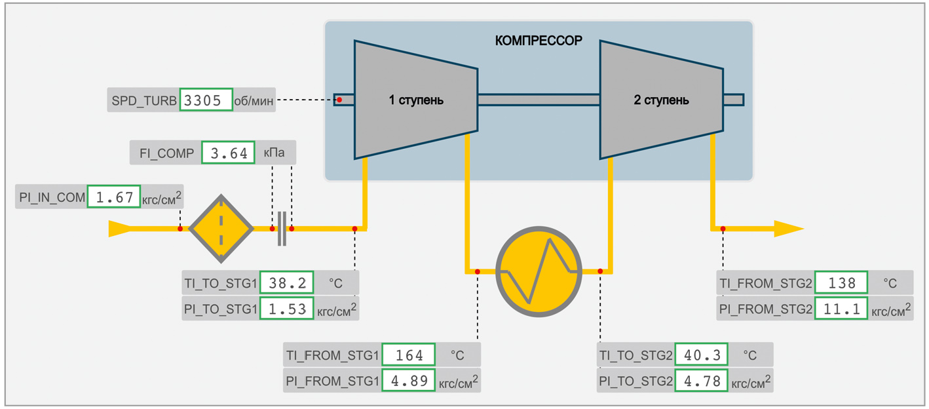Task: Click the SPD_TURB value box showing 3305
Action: [x=206, y=100]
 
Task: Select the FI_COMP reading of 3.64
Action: [x=228, y=153]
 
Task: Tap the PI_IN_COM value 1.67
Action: [x=114, y=197]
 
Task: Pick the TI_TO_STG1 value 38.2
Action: [x=287, y=283]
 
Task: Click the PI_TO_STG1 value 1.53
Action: [x=287, y=309]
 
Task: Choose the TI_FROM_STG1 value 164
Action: [x=409, y=355]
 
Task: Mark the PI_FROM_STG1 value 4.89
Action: [x=409, y=381]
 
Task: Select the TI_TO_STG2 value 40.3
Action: [x=701, y=355]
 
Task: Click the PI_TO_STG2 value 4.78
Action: [x=701, y=381]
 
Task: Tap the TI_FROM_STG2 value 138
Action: [x=841, y=283]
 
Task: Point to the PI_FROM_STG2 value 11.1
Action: [x=841, y=309]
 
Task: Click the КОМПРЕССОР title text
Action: [x=538, y=41]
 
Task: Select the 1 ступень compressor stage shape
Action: [x=415, y=100]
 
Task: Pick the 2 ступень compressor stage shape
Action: [x=661, y=100]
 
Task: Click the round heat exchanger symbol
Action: [x=539, y=269]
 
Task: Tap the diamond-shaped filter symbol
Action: [x=221, y=229]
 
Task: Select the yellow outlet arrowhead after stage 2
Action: [x=788, y=229]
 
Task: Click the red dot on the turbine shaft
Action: [x=339, y=100]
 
